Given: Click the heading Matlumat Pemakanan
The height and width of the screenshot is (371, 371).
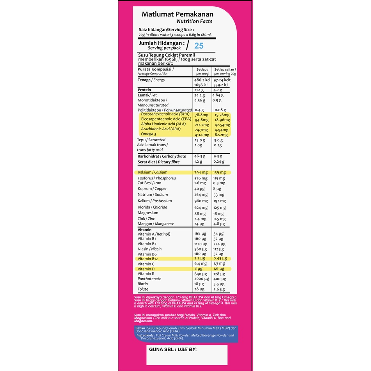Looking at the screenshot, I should (177, 14).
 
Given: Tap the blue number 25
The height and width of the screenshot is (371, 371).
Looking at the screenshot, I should (199, 46).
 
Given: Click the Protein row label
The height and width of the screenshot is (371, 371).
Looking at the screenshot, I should (144, 90).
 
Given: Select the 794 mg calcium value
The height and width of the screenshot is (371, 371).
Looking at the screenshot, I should (200, 172).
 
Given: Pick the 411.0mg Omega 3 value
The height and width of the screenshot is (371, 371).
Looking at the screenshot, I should (202, 135).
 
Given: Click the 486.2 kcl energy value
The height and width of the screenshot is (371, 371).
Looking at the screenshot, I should (202, 80).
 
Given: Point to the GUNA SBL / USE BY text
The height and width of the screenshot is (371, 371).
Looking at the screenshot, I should (173, 350).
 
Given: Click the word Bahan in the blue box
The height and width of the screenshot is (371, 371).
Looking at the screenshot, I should (140, 328).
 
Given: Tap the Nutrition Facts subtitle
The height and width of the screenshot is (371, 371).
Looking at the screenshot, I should (195, 21).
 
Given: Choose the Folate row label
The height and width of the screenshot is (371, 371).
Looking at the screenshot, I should (143, 289).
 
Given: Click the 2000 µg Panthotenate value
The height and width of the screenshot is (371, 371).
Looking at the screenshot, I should (202, 279).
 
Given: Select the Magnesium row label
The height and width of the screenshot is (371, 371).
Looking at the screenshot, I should (148, 213).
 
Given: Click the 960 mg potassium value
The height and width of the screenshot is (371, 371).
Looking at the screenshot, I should (200, 201).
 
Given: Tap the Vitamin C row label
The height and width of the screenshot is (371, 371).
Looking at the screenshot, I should (146, 264).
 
